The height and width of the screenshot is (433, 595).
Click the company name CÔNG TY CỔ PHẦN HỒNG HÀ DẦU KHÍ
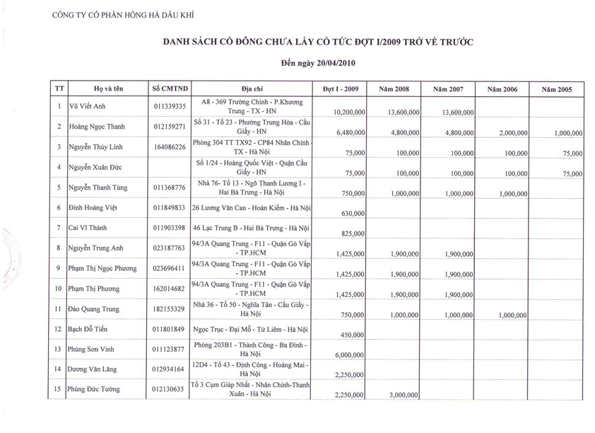tap(123, 14)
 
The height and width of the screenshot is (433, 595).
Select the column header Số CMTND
tap(170, 88)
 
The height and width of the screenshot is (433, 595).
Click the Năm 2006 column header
tap(502, 89)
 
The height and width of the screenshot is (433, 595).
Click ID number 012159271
tap(170, 127)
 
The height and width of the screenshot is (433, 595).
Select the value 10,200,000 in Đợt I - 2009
tap(349, 112)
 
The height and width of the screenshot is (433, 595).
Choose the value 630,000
tap(353, 213)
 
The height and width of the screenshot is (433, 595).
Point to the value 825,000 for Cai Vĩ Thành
tap(353, 233)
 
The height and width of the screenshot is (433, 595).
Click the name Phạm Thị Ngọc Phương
tap(102, 269)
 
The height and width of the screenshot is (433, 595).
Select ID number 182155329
tap(170, 309)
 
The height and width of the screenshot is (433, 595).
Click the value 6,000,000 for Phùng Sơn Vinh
tap(350, 355)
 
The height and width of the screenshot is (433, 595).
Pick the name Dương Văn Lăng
tap(92, 369)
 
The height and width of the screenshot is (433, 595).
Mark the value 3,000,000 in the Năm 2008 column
tap(404, 396)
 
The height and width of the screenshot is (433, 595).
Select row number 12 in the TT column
tap(59, 329)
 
